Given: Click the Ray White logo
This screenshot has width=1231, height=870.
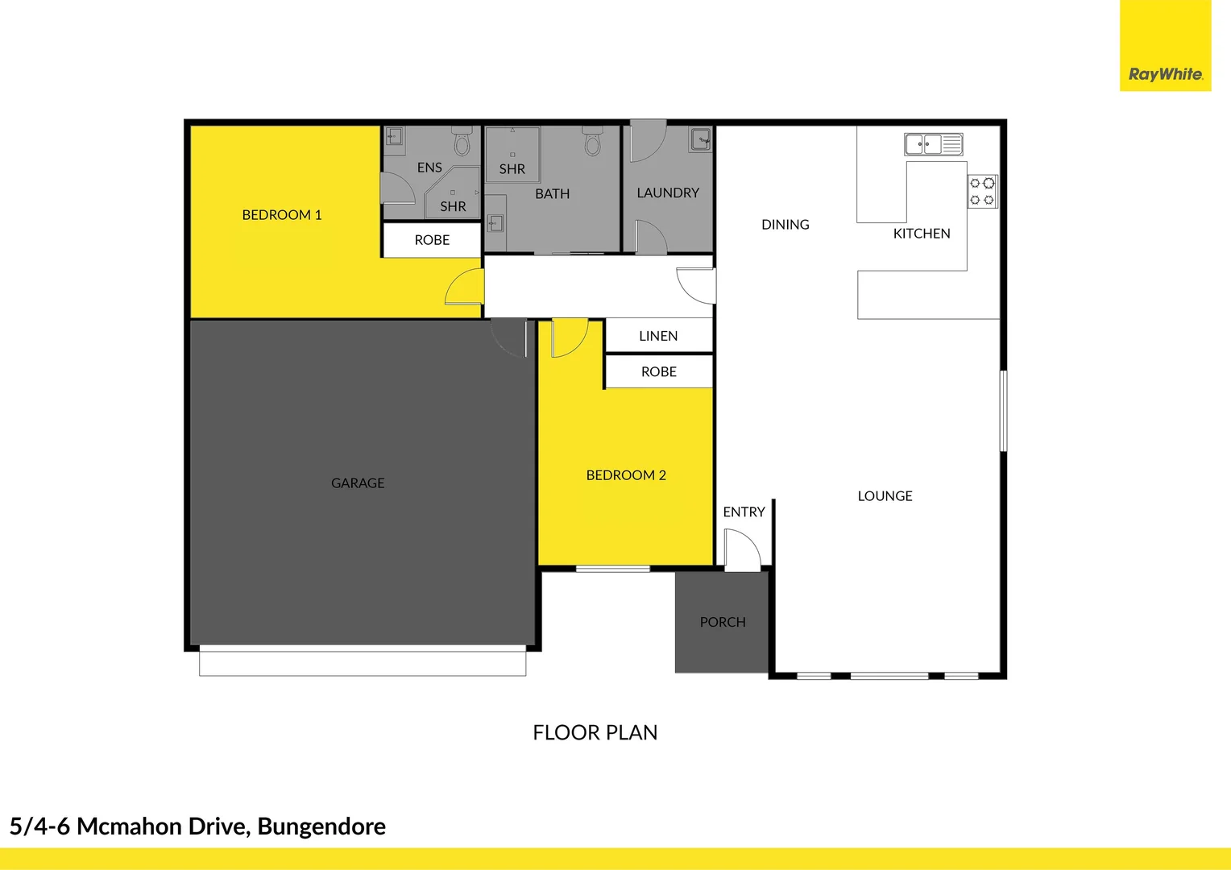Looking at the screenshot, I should [1165, 74].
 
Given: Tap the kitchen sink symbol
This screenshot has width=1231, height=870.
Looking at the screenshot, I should [933, 144].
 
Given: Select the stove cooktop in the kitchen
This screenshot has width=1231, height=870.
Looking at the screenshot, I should [982, 192].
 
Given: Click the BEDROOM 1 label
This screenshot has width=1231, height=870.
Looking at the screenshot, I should [282, 215].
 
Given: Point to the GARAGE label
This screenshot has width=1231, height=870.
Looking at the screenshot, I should [358, 483].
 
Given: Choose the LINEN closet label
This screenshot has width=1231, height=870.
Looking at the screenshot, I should [658, 336].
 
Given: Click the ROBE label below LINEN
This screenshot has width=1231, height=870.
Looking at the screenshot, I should [659, 371].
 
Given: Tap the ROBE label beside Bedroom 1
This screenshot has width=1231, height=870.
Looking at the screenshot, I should [432, 240].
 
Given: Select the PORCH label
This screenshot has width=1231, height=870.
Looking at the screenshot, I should [723, 622].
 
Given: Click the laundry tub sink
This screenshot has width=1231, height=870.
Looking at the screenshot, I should [700, 139].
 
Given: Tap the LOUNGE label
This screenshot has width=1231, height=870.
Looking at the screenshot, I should [885, 496].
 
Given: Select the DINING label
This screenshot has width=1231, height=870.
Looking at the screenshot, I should [785, 225].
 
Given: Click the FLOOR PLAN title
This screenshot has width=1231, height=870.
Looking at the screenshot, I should [595, 732].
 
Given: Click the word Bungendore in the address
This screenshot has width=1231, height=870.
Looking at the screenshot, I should [321, 826].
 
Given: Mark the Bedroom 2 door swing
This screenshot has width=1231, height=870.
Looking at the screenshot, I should [568, 338].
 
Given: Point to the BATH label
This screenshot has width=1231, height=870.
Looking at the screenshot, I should [553, 194].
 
